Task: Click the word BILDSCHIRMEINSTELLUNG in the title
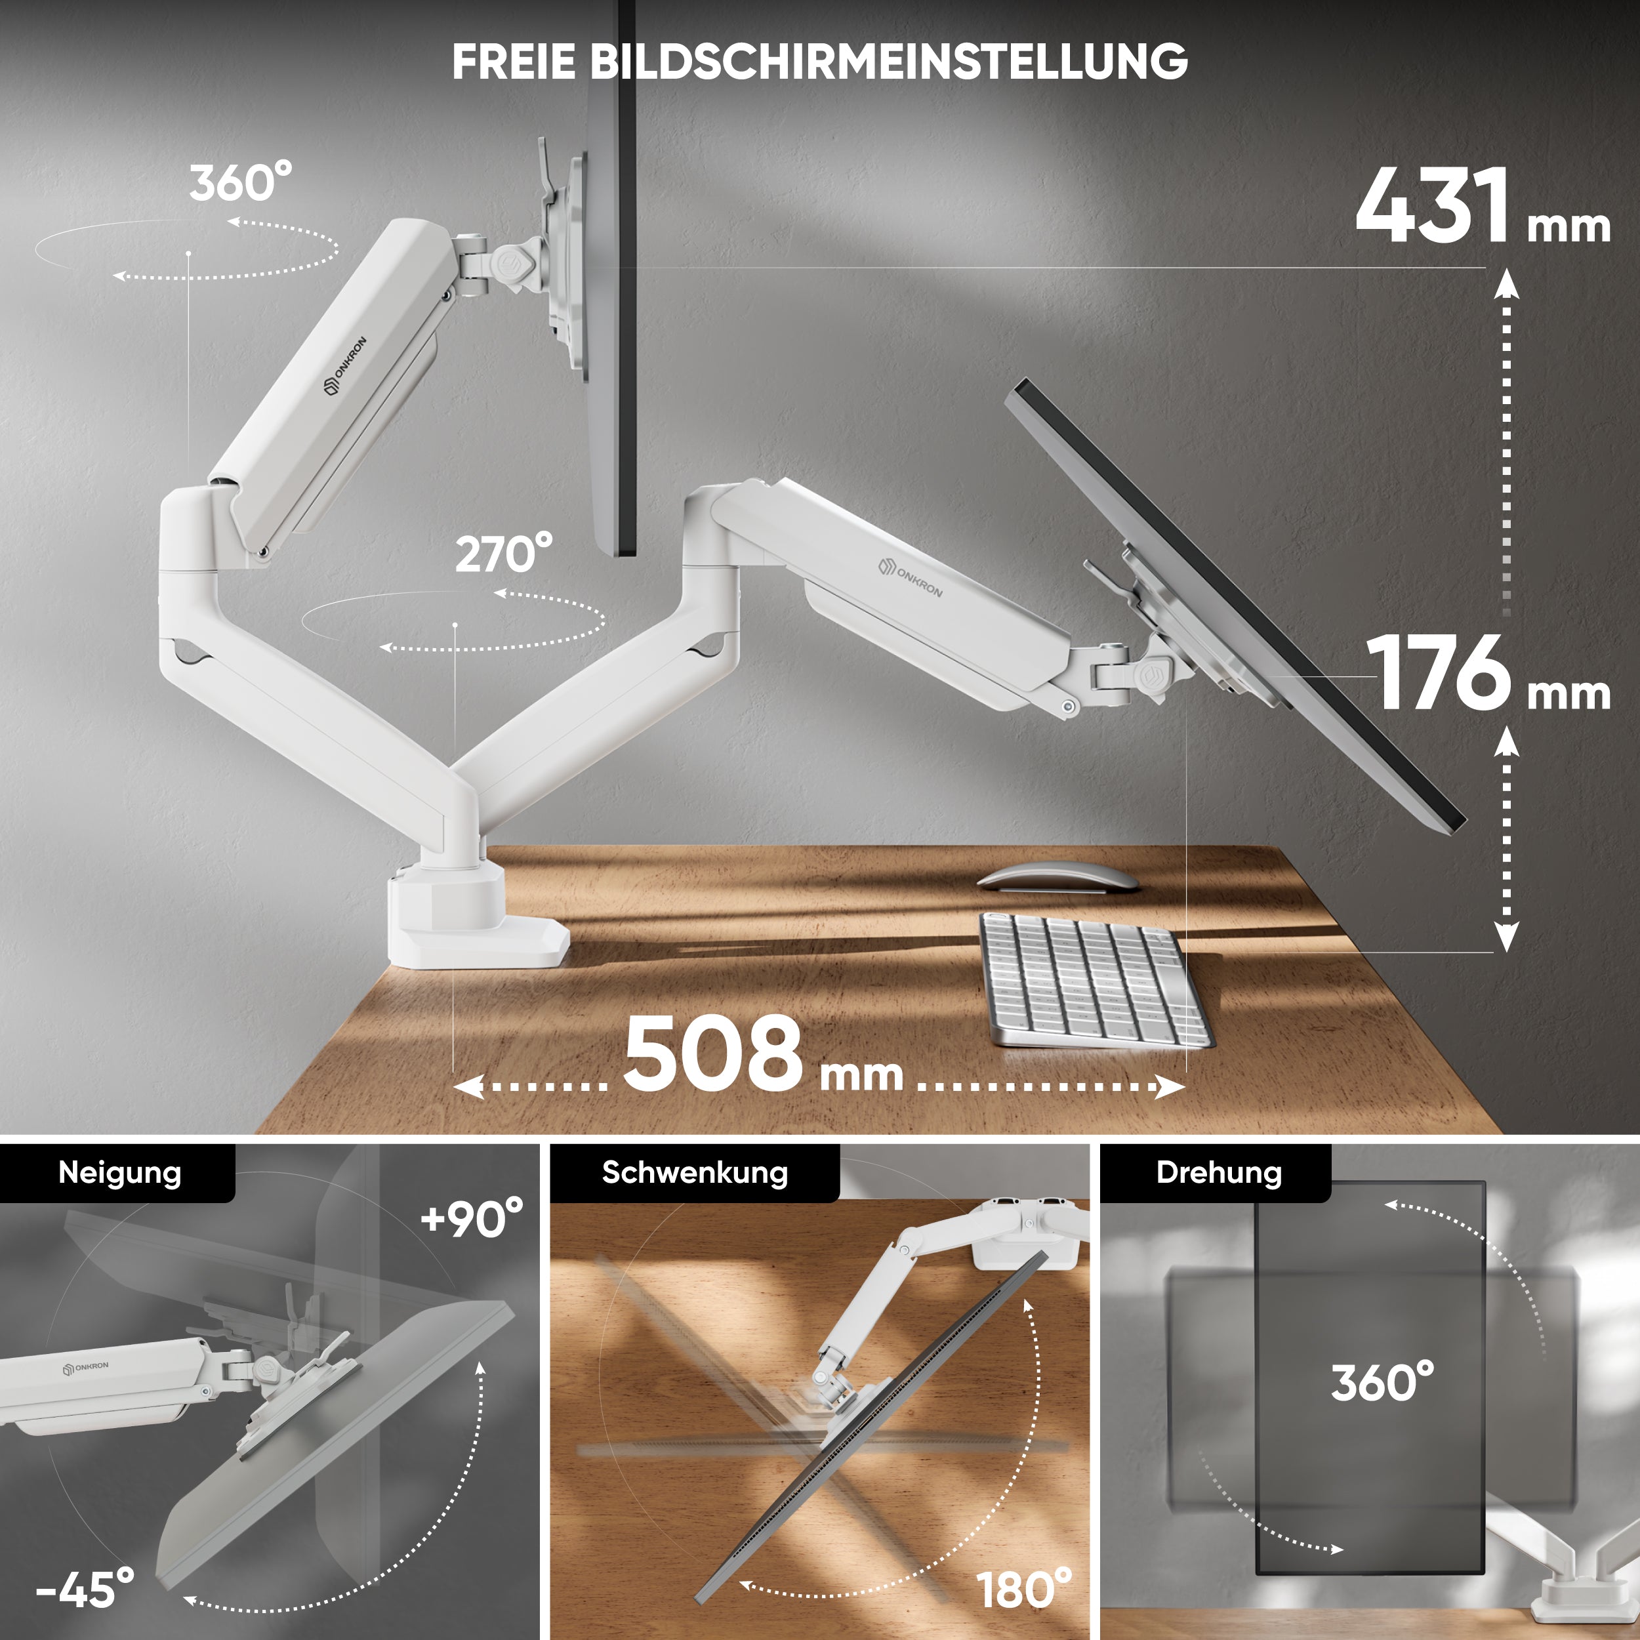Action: (x=888, y=61)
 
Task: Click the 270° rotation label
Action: (x=503, y=554)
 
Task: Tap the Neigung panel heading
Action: (x=119, y=1172)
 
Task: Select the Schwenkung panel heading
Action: (x=694, y=1172)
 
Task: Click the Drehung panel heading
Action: (x=1218, y=1172)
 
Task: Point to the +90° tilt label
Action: (x=472, y=1219)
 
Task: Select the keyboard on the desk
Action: (x=1095, y=979)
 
